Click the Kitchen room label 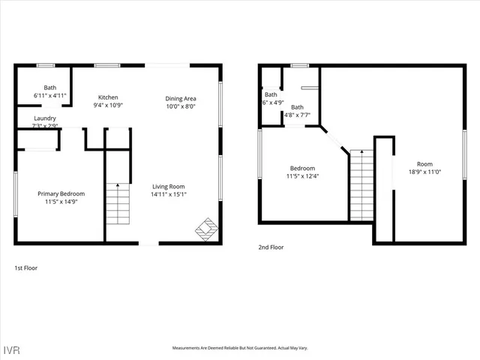point(108,97)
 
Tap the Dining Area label point(180,98)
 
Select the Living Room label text point(169,187)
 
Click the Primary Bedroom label point(61,193)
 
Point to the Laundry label point(44,118)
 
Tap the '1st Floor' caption point(26,268)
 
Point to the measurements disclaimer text point(240,348)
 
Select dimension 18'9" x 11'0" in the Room point(425,172)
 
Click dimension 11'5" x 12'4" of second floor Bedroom point(303,176)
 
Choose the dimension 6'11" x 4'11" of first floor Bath point(50,96)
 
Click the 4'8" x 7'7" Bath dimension point(298,115)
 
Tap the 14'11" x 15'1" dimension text point(169,194)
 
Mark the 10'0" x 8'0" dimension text point(180,106)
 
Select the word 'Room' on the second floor point(425,164)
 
